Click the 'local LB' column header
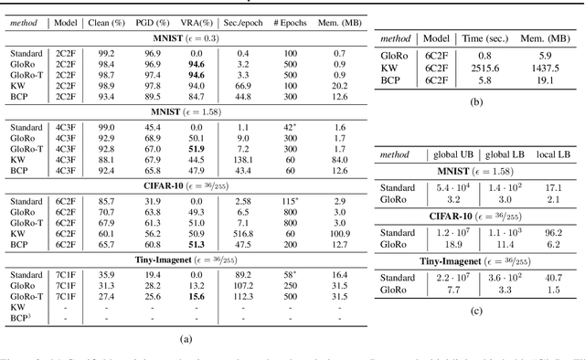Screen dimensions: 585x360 (x=554, y=156)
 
